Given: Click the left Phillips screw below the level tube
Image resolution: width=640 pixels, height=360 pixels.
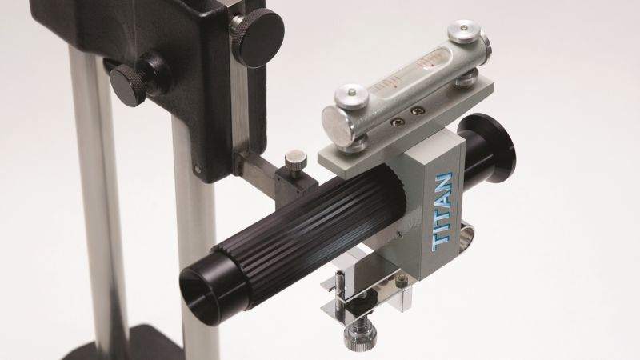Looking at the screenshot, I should [397, 122].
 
